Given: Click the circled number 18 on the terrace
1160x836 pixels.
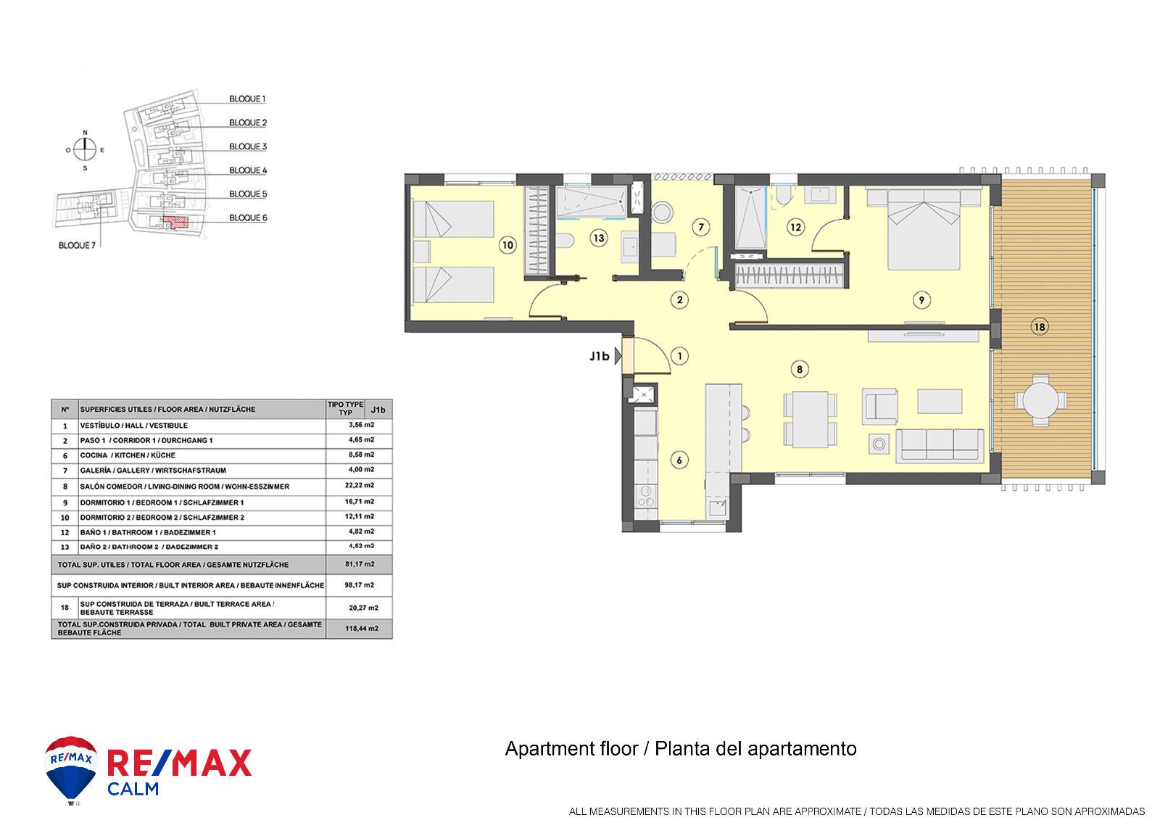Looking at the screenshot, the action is [x=1040, y=327].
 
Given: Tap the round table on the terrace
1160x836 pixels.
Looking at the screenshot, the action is [x=1040, y=400].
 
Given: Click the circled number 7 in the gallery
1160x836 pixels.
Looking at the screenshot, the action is [x=700, y=227].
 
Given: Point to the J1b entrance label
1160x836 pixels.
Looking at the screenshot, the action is [x=599, y=356].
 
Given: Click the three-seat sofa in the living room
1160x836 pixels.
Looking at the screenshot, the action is [x=940, y=445].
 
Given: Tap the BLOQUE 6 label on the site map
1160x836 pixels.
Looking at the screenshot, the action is [x=248, y=218].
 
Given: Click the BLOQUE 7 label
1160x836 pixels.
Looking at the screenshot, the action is [x=77, y=245].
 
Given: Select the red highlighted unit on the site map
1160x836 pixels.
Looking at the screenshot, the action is [x=175, y=222].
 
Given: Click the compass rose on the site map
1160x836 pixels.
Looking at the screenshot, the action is [x=86, y=150].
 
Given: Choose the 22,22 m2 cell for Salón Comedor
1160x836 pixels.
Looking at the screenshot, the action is [x=360, y=486].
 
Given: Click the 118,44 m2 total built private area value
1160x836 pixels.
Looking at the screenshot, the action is [x=362, y=629].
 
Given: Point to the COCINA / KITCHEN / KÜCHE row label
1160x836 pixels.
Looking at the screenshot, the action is [x=128, y=455].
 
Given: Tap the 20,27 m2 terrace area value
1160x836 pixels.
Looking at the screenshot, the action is [x=363, y=608].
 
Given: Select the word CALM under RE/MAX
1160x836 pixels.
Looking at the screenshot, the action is [x=133, y=788].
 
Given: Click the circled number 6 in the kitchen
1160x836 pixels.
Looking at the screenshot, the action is [x=679, y=460].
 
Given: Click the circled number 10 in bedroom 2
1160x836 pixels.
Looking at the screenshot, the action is [x=507, y=245].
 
